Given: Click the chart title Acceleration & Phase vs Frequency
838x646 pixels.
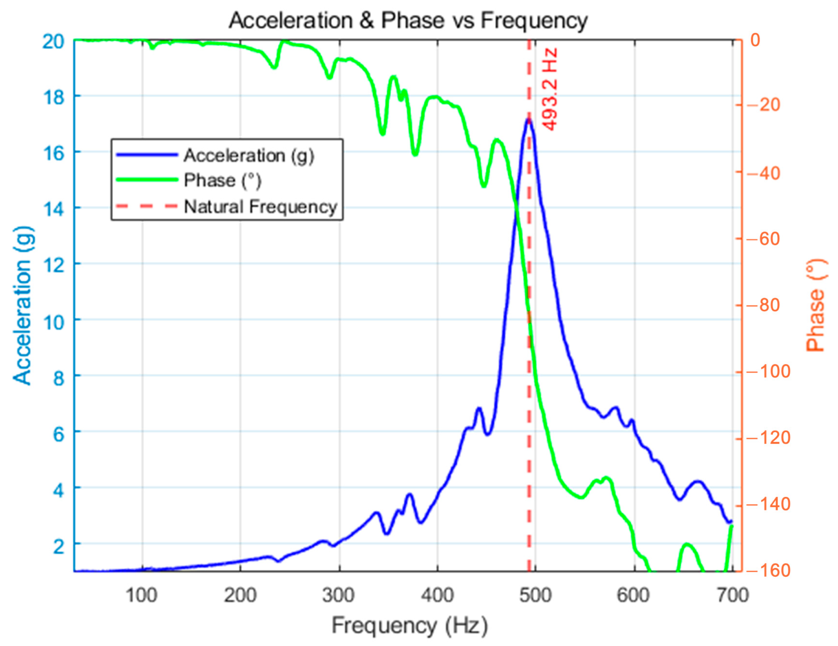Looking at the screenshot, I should (408, 21).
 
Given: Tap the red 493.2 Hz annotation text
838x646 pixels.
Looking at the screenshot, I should (550, 89).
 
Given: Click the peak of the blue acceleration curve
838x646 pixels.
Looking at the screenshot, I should (528, 119).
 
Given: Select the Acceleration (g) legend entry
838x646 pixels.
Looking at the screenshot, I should (249, 156).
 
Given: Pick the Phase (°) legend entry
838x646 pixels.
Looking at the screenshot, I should (222, 180).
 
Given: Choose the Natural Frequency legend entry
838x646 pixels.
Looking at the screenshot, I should (260, 207).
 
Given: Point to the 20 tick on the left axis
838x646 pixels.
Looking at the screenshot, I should (53, 41).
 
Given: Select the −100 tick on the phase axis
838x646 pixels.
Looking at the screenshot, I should (768, 372).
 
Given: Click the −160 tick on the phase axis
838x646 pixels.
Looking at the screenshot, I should (768, 571).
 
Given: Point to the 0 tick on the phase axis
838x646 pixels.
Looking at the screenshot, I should (755, 40).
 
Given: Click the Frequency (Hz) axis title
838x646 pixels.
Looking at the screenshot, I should (409, 626).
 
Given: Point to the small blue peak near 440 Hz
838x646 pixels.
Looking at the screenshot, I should (479, 408).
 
